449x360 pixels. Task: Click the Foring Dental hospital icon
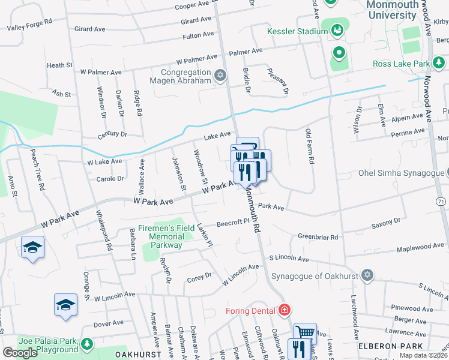point(285,310)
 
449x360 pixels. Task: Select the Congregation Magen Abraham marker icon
point(220,75)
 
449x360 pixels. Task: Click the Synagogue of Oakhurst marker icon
point(367,276)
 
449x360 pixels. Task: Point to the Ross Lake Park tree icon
point(439,63)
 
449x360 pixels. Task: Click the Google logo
point(20,353)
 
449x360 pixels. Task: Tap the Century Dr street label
point(112,134)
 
